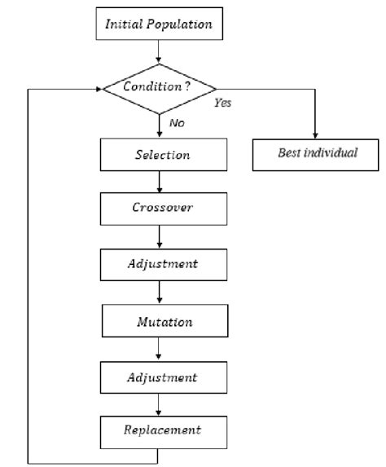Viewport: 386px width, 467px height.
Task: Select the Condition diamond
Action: (x=158, y=87)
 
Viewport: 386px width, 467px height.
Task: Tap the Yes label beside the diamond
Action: (x=222, y=104)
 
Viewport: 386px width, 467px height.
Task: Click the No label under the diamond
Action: (x=176, y=122)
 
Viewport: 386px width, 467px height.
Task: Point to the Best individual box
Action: (x=315, y=154)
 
